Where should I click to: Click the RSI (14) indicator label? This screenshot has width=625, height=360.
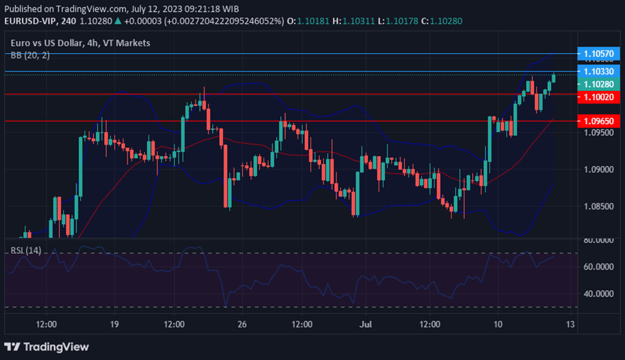[x=26, y=250]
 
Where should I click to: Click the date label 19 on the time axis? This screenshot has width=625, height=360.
[x=114, y=325]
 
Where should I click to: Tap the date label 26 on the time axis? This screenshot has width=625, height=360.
[x=242, y=325]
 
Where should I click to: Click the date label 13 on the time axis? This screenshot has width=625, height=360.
[x=569, y=325]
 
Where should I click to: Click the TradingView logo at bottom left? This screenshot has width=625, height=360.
[x=47, y=347]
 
